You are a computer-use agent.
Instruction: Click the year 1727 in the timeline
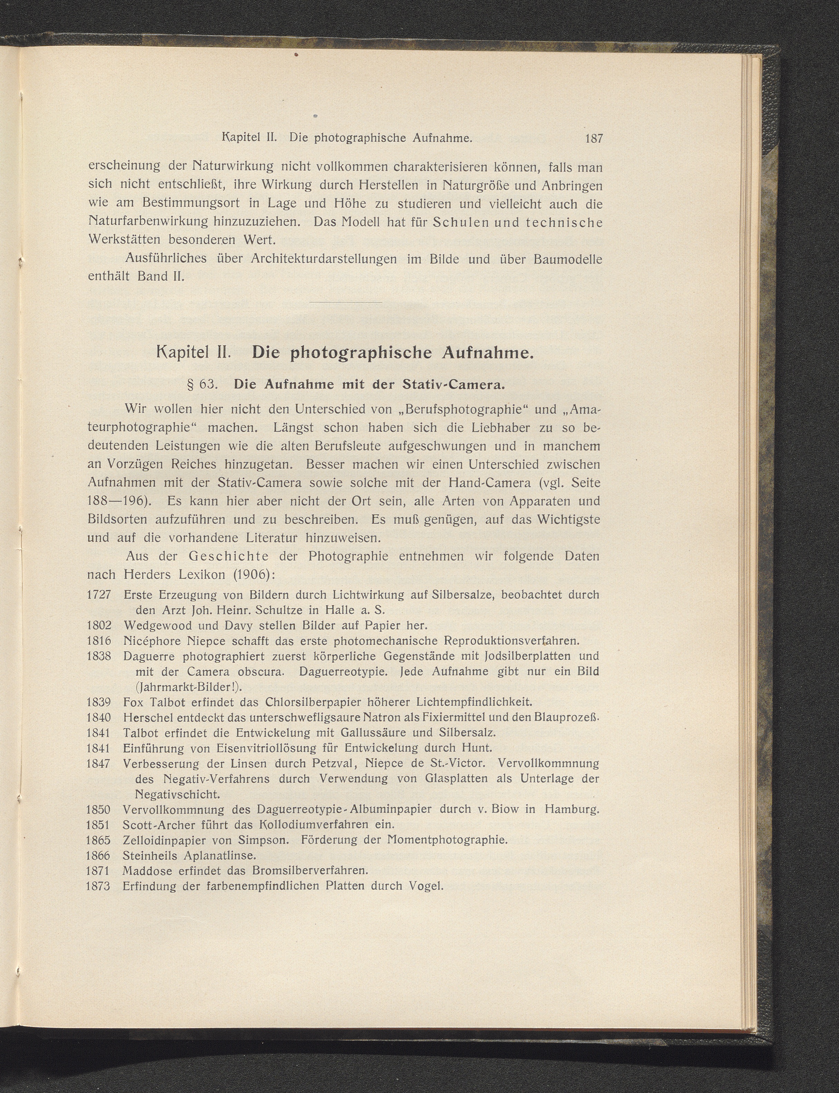(98, 595)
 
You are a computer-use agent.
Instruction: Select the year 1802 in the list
(98, 625)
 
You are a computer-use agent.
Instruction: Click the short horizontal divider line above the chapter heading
(346, 302)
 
